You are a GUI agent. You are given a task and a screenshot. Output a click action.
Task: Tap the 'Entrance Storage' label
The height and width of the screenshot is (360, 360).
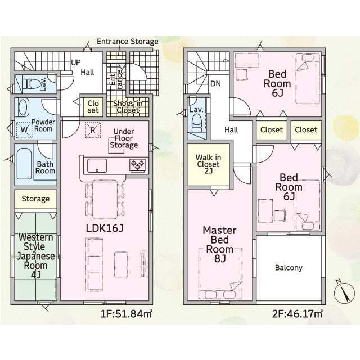(x=128, y=42)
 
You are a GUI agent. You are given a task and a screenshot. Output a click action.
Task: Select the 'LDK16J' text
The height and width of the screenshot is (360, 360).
(x=105, y=228)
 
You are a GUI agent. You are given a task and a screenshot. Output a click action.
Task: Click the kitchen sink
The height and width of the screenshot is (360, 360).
(x=97, y=165)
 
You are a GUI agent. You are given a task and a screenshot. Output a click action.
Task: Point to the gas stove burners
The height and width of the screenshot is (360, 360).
(x=137, y=165)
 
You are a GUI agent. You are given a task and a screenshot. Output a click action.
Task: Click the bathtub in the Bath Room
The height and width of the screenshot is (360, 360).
(x=24, y=164)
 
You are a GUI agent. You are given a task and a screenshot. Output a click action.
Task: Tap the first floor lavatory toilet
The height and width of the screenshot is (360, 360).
(x=31, y=84)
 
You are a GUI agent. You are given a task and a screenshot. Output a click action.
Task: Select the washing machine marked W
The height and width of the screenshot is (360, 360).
(x=24, y=130)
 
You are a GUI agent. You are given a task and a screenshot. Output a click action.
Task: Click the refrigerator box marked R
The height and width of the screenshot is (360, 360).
(x=93, y=130)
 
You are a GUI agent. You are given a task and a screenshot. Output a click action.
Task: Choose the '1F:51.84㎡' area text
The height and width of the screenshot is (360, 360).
(x=127, y=314)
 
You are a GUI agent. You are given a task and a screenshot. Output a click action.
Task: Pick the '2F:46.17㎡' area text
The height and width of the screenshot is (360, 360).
(x=297, y=314)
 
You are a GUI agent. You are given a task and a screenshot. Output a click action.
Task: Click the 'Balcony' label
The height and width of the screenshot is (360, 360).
(x=289, y=268)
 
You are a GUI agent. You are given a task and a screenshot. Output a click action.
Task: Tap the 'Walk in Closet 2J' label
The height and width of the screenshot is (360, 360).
(x=209, y=164)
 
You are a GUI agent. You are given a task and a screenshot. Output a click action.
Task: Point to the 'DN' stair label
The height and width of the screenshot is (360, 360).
(x=215, y=84)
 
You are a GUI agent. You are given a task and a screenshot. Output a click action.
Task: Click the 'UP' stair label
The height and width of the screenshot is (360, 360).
(x=76, y=62)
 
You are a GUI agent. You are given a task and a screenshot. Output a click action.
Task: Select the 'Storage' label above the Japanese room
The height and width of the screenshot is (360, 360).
(x=35, y=199)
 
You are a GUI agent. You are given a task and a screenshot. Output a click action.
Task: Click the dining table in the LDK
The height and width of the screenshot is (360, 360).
(x=105, y=200)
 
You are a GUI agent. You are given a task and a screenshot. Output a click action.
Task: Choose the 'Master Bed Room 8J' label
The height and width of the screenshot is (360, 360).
(x=220, y=244)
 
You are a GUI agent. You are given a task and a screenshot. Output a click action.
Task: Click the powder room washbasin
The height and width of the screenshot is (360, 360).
(x=24, y=107)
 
